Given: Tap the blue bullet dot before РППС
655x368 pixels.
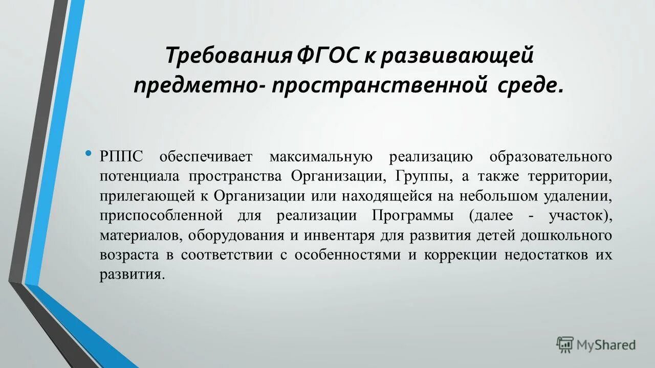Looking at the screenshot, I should (89, 153).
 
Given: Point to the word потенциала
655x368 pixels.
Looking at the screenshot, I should (140, 176).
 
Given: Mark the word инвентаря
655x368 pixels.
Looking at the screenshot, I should (337, 235).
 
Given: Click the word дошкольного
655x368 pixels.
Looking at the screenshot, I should (566, 235).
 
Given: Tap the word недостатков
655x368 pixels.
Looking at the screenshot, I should (544, 255).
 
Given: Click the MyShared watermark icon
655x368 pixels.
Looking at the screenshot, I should (565, 345).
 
